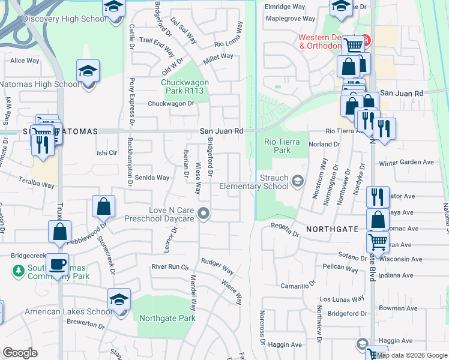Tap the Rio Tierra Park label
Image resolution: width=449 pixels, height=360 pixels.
(x=277, y=146)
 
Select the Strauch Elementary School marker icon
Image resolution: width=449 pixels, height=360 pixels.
(x=297, y=181)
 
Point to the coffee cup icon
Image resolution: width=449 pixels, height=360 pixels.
(x=58, y=263)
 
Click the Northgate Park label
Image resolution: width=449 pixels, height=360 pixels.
(x=167, y=318)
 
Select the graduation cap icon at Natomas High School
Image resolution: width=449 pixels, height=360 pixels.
(x=88, y=71)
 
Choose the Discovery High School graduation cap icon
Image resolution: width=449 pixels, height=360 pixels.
(x=113, y=8)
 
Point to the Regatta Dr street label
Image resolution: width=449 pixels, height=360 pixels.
(x=285, y=229)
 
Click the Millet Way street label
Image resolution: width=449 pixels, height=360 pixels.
(x=218, y=56)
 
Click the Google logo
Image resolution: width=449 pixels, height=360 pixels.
(x=20, y=353)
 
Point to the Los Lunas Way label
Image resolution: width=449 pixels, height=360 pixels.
(x=342, y=299)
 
